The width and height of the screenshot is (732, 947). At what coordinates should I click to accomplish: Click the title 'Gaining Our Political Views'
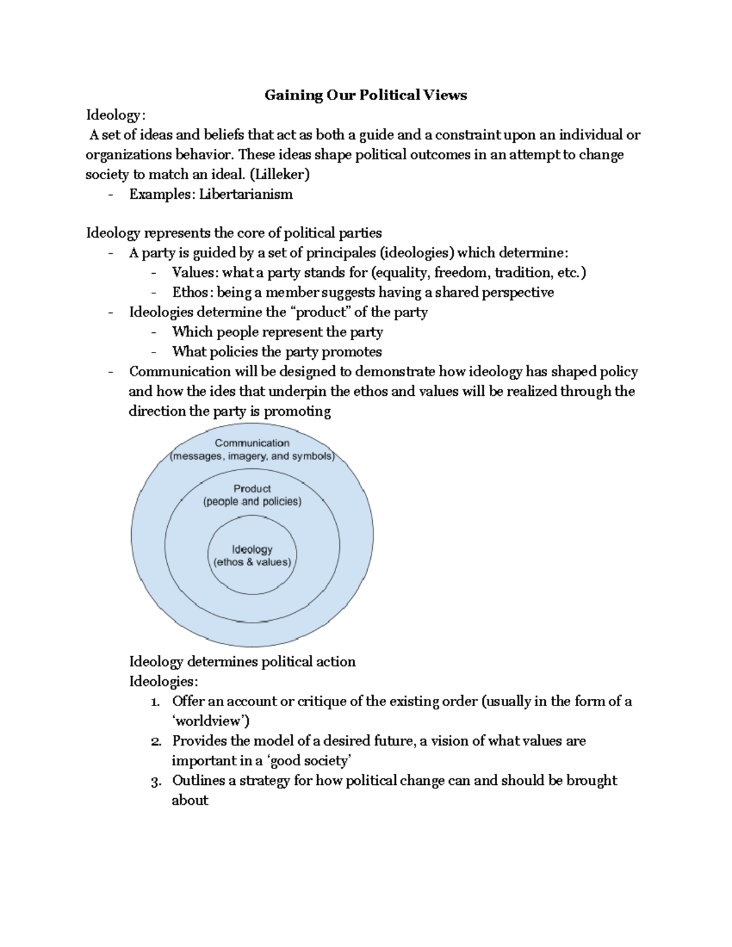click(x=365, y=95)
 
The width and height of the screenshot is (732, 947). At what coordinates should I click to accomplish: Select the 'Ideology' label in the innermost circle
click(x=252, y=549)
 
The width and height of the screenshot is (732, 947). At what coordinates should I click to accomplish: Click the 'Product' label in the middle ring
click(x=252, y=488)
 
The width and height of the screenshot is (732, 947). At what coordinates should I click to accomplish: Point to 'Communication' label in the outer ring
click(x=252, y=443)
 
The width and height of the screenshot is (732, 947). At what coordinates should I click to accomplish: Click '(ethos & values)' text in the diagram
click(x=252, y=562)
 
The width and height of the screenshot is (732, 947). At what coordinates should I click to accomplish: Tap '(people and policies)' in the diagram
click(x=252, y=502)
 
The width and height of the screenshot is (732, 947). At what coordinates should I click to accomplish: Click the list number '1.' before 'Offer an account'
click(x=156, y=702)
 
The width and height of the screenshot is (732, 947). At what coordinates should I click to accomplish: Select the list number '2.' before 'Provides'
click(x=156, y=742)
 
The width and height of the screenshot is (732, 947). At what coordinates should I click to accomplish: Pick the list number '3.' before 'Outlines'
click(x=156, y=781)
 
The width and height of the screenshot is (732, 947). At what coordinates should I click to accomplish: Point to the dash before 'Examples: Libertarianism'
click(x=110, y=195)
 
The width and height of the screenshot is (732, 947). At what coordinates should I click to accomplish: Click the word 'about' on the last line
click(x=190, y=801)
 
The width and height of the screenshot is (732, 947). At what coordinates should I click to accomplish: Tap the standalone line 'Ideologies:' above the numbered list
click(x=163, y=682)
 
